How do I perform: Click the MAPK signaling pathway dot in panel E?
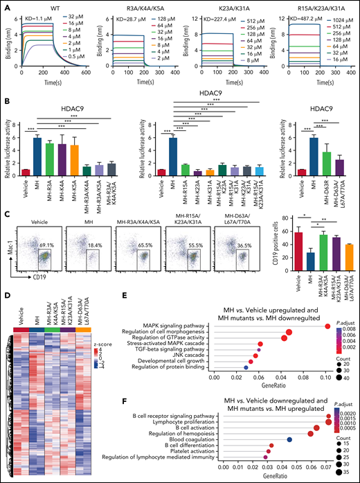coord(327,326)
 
